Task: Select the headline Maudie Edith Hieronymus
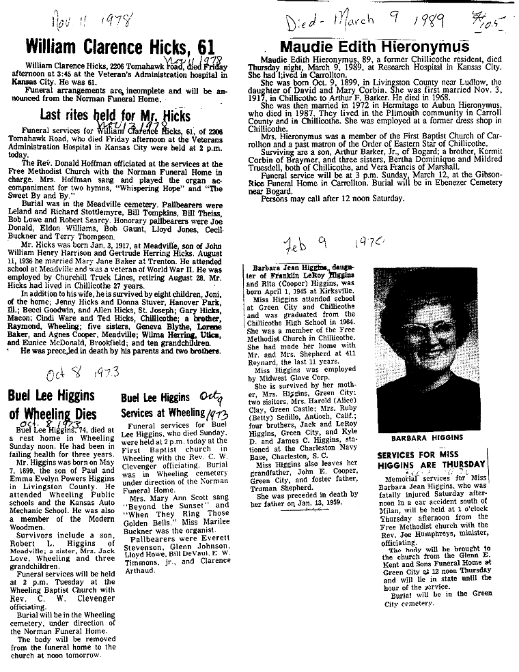click(x=375, y=46)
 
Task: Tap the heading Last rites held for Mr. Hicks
click(x=115, y=115)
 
